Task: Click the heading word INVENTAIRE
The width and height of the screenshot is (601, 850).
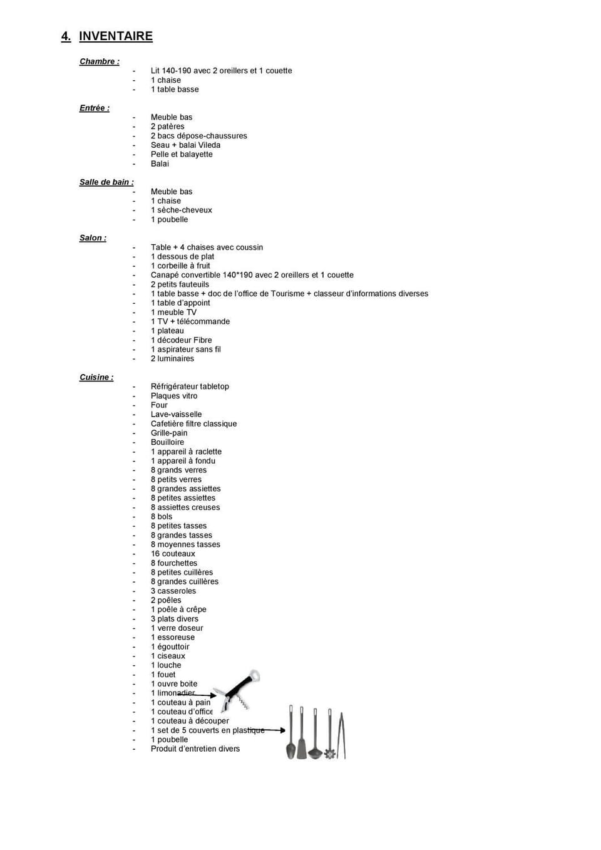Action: click(x=116, y=36)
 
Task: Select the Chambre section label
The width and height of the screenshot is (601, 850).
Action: click(x=98, y=61)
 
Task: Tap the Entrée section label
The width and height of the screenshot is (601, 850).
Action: click(x=94, y=108)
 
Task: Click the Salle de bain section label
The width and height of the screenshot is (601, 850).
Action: click(x=106, y=182)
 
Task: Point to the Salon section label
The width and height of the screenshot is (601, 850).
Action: click(x=93, y=238)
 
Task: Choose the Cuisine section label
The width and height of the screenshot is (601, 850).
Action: click(x=96, y=377)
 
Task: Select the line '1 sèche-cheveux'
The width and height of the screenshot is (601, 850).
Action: click(x=181, y=210)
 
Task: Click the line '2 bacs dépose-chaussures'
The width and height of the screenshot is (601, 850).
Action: click(x=198, y=136)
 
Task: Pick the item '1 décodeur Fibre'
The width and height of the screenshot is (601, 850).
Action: click(x=181, y=340)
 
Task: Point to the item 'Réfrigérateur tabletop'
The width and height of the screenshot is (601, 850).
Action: click(x=190, y=386)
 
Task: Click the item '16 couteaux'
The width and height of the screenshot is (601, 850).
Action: click(x=173, y=554)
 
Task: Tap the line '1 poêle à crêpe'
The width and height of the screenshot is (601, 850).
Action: click(x=178, y=609)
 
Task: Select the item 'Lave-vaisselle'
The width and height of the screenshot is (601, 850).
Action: click(x=176, y=415)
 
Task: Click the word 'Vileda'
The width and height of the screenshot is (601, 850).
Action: click(x=209, y=145)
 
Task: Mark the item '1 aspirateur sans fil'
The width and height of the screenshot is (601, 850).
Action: click(x=185, y=350)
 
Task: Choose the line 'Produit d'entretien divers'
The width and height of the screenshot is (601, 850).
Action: click(x=195, y=749)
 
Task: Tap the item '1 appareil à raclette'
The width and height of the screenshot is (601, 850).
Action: click(x=186, y=452)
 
